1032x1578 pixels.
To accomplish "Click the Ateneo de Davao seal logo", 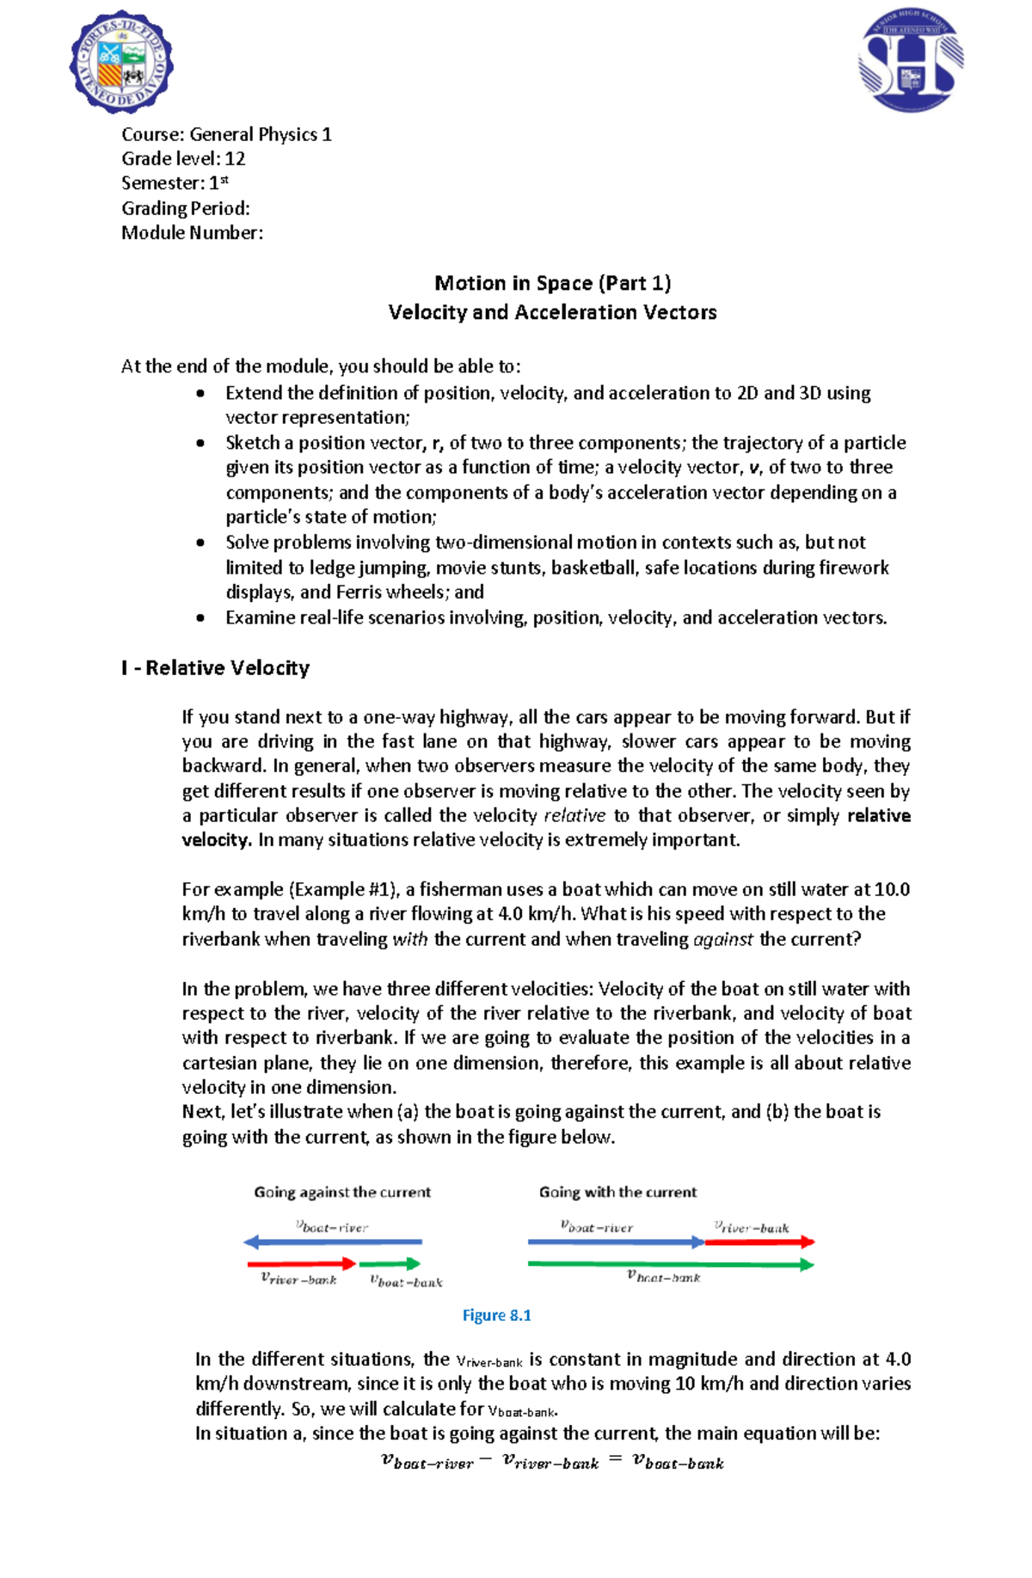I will [x=121, y=63].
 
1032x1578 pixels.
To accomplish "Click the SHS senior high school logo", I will [x=911, y=62].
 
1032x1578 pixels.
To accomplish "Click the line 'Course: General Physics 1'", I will [x=226, y=134].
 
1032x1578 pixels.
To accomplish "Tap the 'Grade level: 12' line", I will [x=183, y=159].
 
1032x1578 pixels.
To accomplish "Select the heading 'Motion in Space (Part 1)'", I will [x=552, y=283].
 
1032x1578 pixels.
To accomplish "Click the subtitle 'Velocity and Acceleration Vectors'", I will [x=552, y=312].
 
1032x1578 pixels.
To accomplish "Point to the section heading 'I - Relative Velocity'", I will [x=215, y=668].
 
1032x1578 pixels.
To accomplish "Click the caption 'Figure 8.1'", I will [x=497, y=1315].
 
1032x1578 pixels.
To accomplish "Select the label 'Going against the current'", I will [x=342, y=1192].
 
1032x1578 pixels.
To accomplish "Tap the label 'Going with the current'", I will [x=617, y=1192].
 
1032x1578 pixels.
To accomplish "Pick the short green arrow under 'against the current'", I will [x=390, y=1263].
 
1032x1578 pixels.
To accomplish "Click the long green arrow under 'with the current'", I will [x=671, y=1264].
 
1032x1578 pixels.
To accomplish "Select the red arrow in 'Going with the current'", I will [x=760, y=1242].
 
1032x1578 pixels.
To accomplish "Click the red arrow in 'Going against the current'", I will [x=301, y=1263].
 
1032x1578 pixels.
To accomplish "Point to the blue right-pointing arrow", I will [x=616, y=1242].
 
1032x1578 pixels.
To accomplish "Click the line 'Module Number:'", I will [x=192, y=233].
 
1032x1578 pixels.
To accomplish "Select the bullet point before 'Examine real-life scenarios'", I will [x=200, y=617].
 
